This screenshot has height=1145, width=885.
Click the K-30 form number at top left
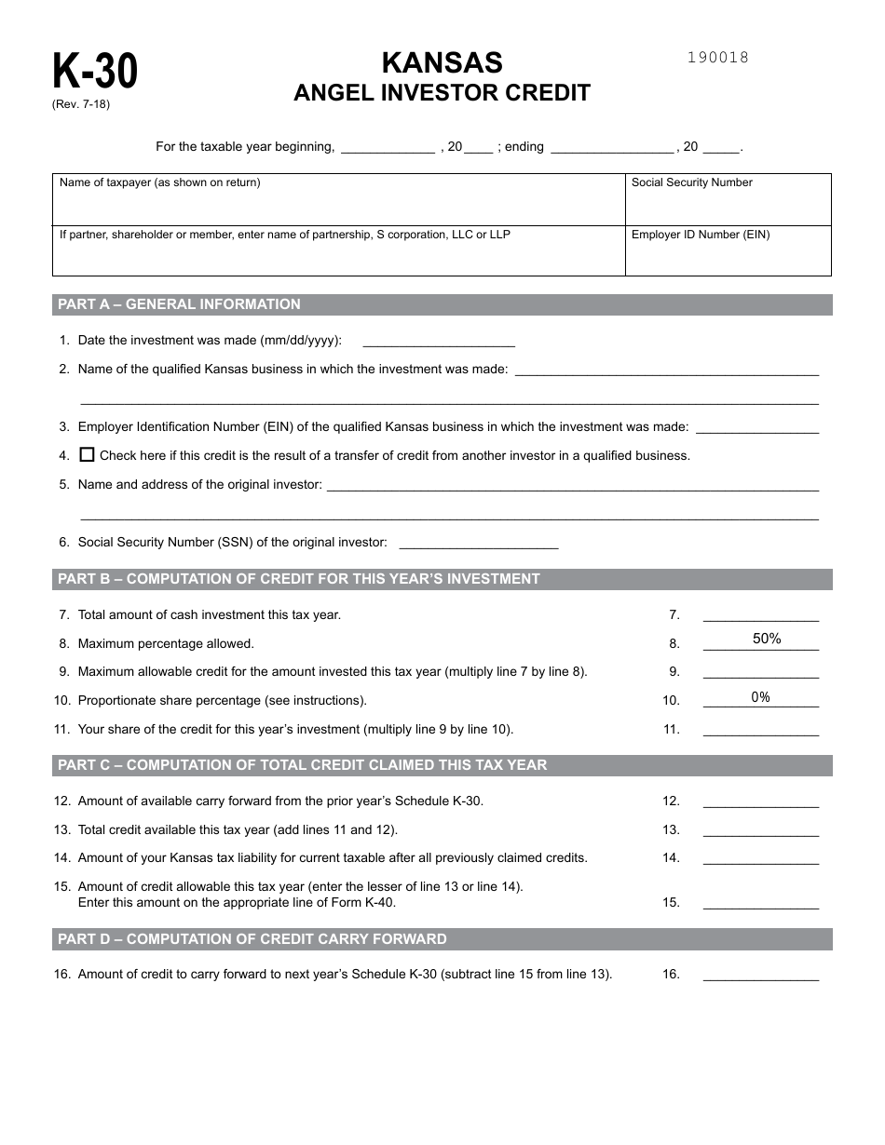point(95,72)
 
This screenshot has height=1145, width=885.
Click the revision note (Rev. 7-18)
point(81,104)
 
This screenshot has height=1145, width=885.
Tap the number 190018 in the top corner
point(717,58)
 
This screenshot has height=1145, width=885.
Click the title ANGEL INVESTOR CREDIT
point(442,93)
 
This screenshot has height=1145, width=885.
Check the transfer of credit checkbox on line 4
point(88,455)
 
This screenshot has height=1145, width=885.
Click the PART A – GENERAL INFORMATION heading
point(180,304)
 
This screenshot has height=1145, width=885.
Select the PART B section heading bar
point(442,579)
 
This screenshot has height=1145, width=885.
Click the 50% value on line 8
point(766,639)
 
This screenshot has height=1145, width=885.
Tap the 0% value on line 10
point(760,697)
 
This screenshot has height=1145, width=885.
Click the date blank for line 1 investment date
point(437,341)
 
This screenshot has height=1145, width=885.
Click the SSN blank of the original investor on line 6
point(478,543)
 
